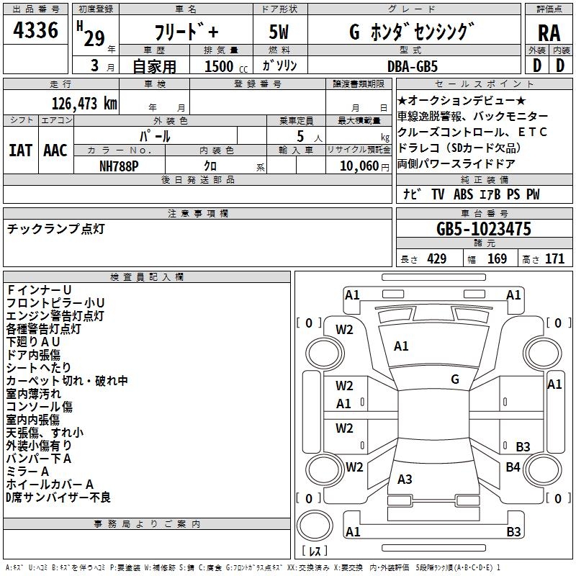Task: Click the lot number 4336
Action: [36, 30]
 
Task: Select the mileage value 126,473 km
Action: [84, 103]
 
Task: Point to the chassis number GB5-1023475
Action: [484, 229]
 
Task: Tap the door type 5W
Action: [279, 32]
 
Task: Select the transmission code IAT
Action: [20, 150]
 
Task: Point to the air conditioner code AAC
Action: [55, 150]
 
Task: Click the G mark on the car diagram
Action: [455, 379]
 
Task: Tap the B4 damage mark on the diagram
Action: [513, 467]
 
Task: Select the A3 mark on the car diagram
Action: [405, 480]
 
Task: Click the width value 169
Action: [498, 258]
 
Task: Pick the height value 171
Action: [555, 258]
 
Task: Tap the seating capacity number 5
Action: [299, 136]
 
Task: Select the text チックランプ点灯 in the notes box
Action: [55, 228]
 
